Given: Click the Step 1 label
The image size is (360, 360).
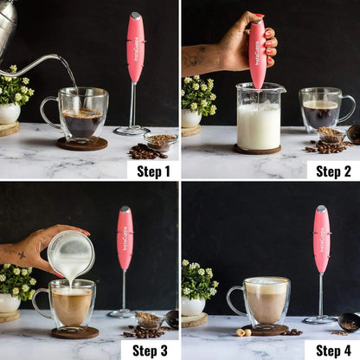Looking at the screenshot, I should pyautogui.click(x=153, y=170).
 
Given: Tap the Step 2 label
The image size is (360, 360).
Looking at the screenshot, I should pyautogui.click(x=333, y=170).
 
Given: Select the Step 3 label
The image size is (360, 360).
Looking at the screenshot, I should pyautogui.click(x=153, y=350).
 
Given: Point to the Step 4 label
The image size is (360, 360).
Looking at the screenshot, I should pyautogui.click(x=333, y=350).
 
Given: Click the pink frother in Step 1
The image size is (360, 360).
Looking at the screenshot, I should pyautogui.click(x=135, y=48).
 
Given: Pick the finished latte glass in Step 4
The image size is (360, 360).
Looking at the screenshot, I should pyautogui.click(x=264, y=302).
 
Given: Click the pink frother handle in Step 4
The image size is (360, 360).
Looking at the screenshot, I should pyautogui.click(x=321, y=239).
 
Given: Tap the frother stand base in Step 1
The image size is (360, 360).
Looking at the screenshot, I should pyautogui.click(x=132, y=131).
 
